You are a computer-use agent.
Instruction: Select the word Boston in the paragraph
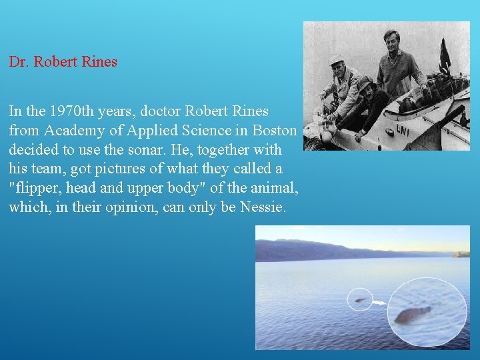tap(274, 130)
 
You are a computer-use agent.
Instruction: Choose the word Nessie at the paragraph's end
tap(264, 207)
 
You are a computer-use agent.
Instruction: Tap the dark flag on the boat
tap(445, 56)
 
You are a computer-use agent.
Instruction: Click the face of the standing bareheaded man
tap(392, 39)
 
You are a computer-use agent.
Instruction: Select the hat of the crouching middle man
tap(365, 83)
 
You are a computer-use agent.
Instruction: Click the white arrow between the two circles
tap(378, 303)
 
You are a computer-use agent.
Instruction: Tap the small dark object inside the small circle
tap(360, 300)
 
